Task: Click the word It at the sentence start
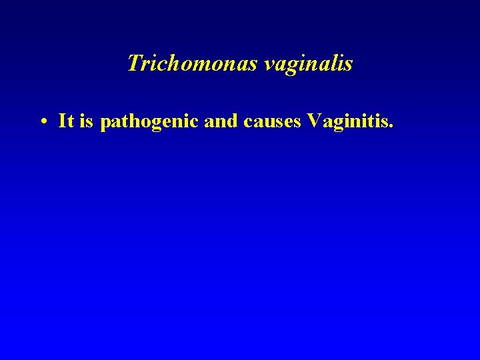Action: pos(65,121)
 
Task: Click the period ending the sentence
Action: pos(392,127)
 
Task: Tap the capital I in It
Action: pos(62,121)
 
